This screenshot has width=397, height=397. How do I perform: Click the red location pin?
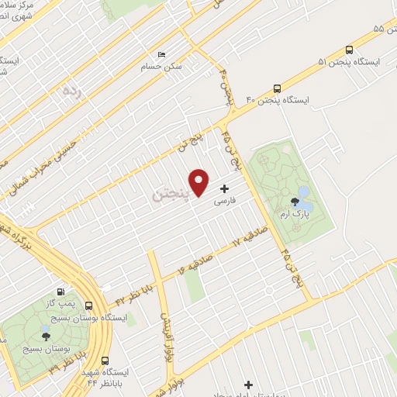point(200,181)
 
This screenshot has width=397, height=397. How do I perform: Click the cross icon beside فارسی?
point(226,188)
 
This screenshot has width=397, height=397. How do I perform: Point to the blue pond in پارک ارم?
point(303,191)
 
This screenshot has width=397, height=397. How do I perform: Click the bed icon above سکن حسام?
point(161,54)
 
